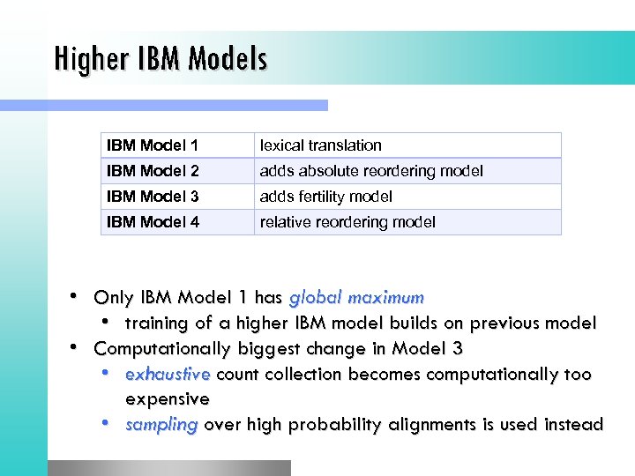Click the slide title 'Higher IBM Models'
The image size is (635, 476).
pos(160,59)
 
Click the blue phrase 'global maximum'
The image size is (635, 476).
pos(356,297)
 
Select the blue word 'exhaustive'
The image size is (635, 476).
pos(168,374)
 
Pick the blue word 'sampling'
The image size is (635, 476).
pos(161,425)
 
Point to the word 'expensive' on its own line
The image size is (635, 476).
pos(168,399)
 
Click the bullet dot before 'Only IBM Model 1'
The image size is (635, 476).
pos(77,295)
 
